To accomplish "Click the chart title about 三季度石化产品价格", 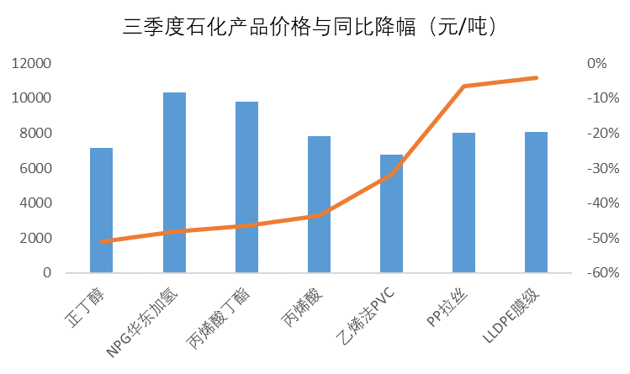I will pyautogui.click(x=315, y=27).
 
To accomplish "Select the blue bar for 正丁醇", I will pyautogui.click(x=101, y=210).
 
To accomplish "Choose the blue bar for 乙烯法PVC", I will pyautogui.click(x=391, y=213).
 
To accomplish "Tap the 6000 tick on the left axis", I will pyautogui.click(x=34, y=168).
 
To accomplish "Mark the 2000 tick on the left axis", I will pyautogui.click(x=34, y=238).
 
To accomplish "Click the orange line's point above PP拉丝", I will pyautogui.click(x=463, y=86).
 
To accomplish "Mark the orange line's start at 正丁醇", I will pyautogui.click(x=101, y=241).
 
